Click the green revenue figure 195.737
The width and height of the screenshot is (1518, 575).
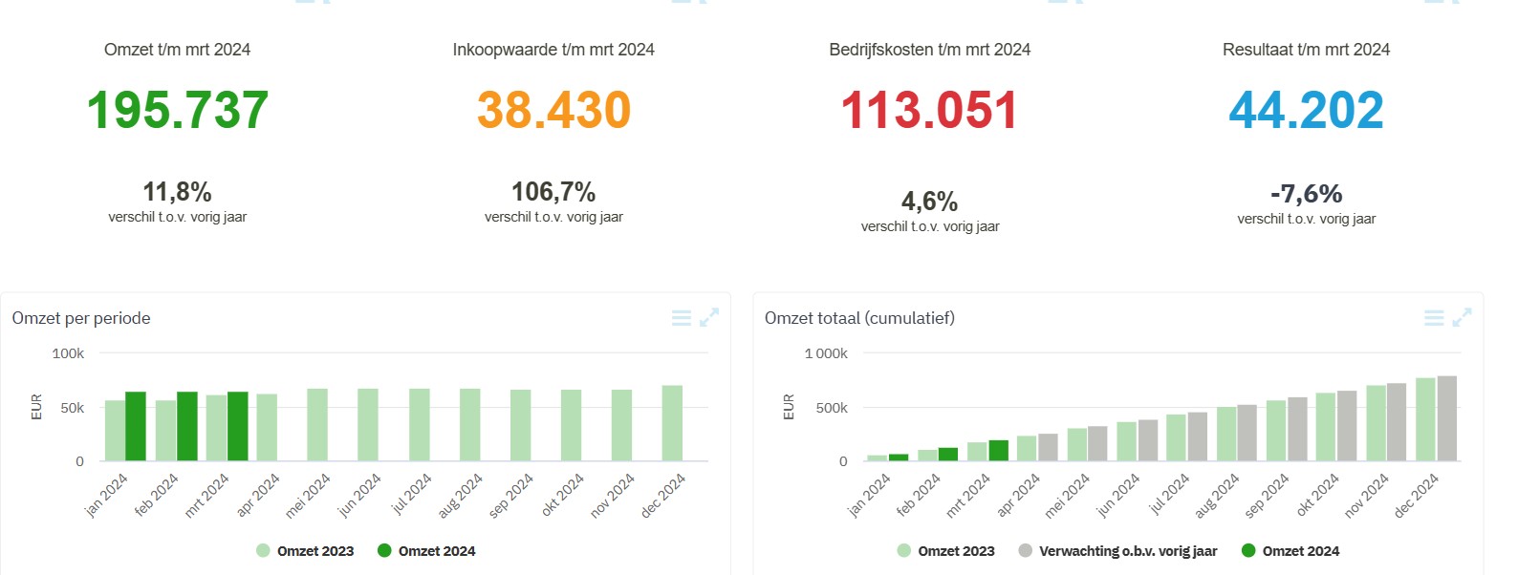pyautogui.click(x=178, y=110)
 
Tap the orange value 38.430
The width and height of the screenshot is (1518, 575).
pyautogui.click(x=553, y=110)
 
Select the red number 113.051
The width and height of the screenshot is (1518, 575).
pyautogui.click(x=929, y=110)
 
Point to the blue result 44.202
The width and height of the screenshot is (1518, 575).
pyautogui.click(x=1306, y=110)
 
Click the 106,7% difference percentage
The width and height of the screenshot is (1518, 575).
pyautogui.click(x=553, y=192)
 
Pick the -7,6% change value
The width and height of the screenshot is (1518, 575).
pyautogui.click(x=1306, y=194)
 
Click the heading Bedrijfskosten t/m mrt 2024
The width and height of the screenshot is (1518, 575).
pyautogui.click(x=929, y=50)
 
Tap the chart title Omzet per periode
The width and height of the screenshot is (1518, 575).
pyautogui.click(x=81, y=318)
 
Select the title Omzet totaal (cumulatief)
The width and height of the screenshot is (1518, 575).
pyautogui.click(x=859, y=318)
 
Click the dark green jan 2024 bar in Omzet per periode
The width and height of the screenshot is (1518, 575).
pyautogui.click(x=136, y=426)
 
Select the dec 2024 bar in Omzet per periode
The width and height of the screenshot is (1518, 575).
pyautogui.click(x=672, y=423)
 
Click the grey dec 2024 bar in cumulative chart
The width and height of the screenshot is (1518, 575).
pyautogui.click(x=1446, y=418)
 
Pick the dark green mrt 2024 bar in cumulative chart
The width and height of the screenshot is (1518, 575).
pyautogui.click(x=998, y=450)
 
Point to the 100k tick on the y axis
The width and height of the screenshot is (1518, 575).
pyautogui.click(x=68, y=353)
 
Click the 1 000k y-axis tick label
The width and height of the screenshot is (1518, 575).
pyautogui.click(x=826, y=353)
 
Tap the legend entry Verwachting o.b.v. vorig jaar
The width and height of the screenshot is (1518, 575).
pyautogui.click(x=1117, y=551)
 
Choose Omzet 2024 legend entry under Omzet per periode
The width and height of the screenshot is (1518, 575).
pyautogui.click(x=426, y=551)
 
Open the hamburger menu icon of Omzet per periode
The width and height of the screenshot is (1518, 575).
pyautogui.click(x=682, y=318)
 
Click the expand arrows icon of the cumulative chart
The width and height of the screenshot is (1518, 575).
pyautogui.click(x=1462, y=318)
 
